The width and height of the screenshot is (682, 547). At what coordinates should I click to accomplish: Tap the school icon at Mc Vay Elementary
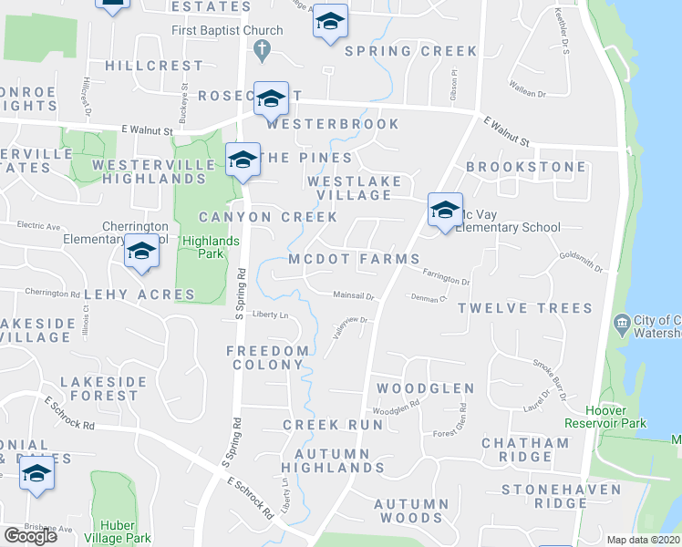click(x=444, y=212)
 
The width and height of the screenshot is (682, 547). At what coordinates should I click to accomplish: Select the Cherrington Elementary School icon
click(x=141, y=253)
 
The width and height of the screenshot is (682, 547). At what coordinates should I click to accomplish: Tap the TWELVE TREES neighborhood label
click(x=524, y=309)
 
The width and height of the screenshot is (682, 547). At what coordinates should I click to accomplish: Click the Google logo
click(x=29, y=535)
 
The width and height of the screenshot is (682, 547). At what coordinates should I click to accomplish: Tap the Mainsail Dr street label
click(x=353, y=295)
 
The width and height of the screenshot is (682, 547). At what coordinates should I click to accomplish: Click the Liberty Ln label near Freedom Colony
click(x=270, y=315)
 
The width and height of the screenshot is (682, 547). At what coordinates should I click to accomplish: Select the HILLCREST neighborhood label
click(x=154, y=66)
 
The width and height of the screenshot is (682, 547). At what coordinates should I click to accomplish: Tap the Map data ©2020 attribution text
click(x=644, y=540)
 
